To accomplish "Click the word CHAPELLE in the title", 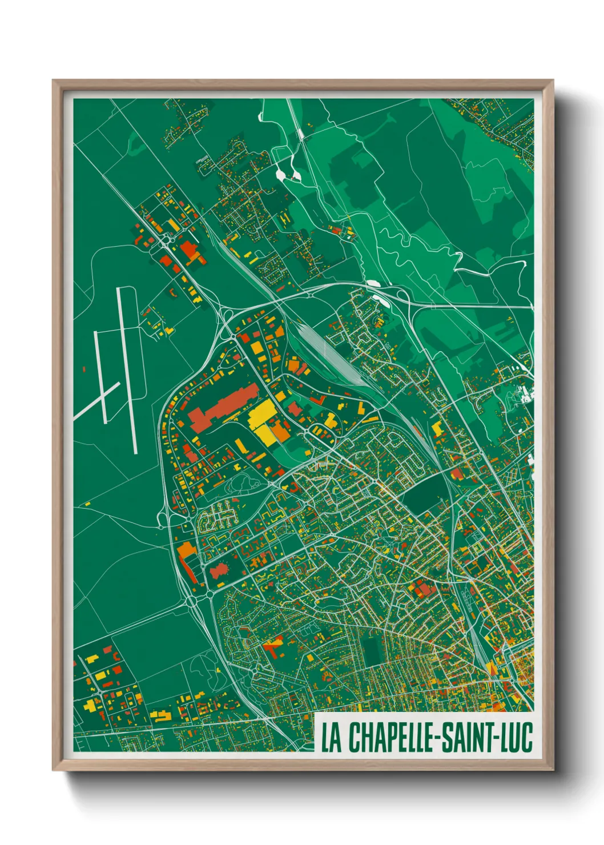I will (x=389, y=737).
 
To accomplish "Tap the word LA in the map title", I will (x=331, y=737).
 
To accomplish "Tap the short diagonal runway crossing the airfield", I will (x=96, y=400).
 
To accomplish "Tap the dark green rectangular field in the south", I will (x=372, y=651).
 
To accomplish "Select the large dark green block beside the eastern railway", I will (x=425, y=491).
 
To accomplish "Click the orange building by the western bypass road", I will (x=186, y=550).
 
